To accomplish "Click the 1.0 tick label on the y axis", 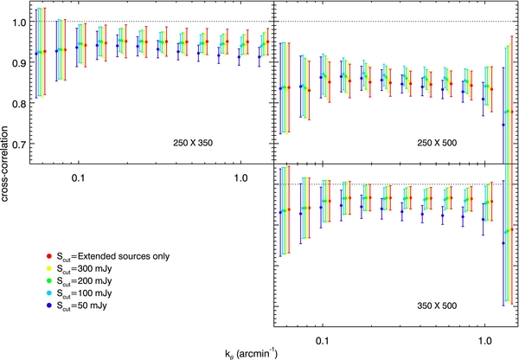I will click(19, 21).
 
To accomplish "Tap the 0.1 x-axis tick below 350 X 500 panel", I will click(323, 340).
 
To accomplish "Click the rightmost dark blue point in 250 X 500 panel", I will click(503, 125).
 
